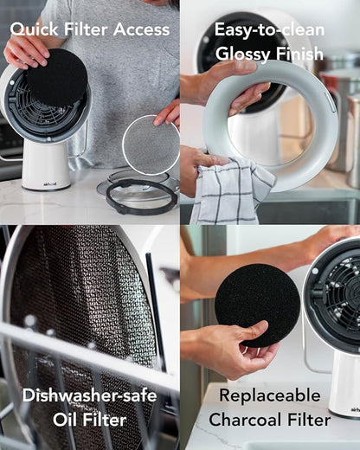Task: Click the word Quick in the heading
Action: tap(35, 30)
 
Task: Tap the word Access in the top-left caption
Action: tap(141, 29)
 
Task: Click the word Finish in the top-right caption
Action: tap(299, 54)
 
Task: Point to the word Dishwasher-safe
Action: tap(90, 395)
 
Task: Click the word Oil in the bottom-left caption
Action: tap(64, 420)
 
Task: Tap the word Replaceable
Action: tap(270, 395)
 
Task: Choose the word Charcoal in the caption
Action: tap(245, 420)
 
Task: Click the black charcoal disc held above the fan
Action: tap(57, 77)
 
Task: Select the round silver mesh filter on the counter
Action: tap(151, 145)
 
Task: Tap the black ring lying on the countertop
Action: tap(141, 196)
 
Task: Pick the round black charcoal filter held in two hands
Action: tap(257, 305)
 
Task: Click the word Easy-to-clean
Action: tap(269, 30)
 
